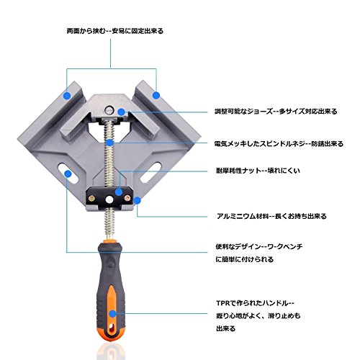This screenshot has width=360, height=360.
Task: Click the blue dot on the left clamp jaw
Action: [68, 96]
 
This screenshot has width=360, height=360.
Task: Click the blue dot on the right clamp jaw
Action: [156, 95]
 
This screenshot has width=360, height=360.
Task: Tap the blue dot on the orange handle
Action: [112, 314]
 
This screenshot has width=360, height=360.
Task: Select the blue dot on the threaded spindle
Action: [109, 143]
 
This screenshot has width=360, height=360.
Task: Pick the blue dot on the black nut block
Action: [119, 192]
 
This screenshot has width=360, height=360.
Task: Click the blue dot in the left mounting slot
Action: [68, 174]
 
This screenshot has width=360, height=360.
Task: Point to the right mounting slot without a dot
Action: [151, 172]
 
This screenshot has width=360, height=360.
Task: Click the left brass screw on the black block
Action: [91, 198]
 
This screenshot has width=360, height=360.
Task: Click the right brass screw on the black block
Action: [127, 198]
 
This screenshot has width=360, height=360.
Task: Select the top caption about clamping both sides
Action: [115, 31]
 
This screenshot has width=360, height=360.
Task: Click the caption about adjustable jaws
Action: [276, 112]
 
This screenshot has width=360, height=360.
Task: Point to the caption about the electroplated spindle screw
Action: [279, 144]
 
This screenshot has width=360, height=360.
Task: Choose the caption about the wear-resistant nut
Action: [258, 171]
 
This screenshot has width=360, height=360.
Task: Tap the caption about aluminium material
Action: [271, 216]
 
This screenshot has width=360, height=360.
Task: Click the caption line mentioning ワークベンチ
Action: [259, 246]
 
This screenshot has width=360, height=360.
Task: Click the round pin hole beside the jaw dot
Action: [109, 110]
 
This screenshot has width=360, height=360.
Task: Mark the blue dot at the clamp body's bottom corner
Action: [137, 201]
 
